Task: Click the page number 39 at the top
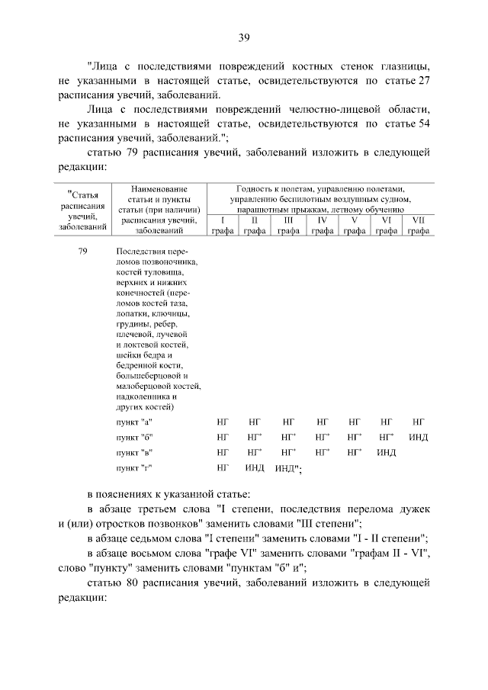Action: click(243, 37)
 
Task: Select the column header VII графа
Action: click(418, 226)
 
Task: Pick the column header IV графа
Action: click(322, 226)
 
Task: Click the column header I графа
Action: click(223, 226)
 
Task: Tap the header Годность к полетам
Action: click(320, 189)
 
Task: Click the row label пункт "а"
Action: click(135, 421)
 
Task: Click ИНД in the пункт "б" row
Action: click(418, 437)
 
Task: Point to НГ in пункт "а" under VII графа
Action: click(418, 421)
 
